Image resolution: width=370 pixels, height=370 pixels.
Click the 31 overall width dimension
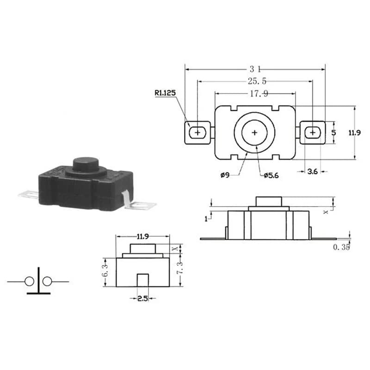[255, 69]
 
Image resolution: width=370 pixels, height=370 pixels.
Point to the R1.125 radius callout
[165, 93]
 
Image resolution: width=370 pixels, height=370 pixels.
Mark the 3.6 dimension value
[313, 172]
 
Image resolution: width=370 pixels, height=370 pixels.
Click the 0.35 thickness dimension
[341, 247]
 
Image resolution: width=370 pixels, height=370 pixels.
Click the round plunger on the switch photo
[86, 164]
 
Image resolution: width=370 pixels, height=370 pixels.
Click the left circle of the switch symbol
[29, 281]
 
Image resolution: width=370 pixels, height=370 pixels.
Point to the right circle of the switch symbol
[47, 281]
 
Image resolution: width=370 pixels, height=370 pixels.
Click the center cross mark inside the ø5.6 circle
[254, 132]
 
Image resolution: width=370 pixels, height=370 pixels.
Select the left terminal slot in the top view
[198, 132]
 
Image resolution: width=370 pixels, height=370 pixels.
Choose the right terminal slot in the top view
[313, 132]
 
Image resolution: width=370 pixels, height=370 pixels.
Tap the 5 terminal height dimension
[334, 132]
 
